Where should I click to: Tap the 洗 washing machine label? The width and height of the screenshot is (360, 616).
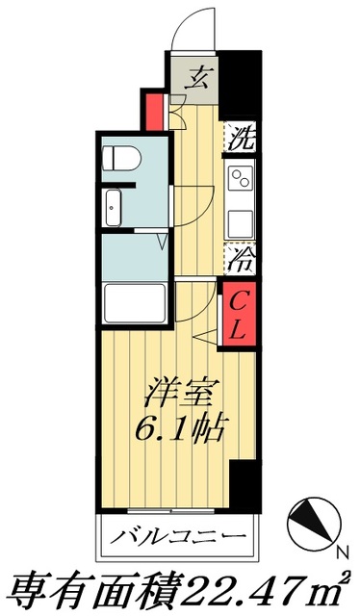coord(241,138)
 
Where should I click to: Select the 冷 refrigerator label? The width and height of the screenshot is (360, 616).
coord(241,257)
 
